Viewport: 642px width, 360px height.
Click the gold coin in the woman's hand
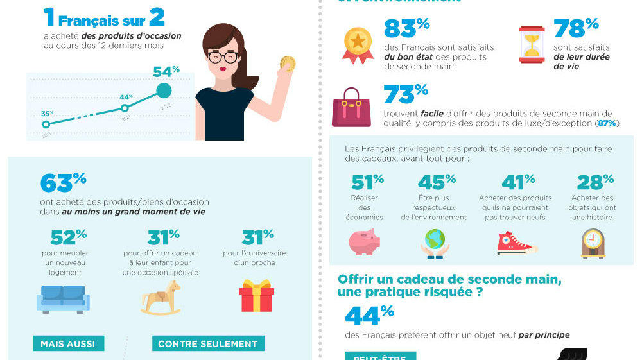(x=287, y=64)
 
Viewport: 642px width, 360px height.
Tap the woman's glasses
(x=223, y=56)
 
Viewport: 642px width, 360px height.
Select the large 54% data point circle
(x=164, y=90)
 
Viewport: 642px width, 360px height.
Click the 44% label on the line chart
(x=126, y=97)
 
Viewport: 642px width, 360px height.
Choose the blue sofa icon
(x=62, y=298)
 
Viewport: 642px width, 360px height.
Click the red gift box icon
(x=256, y=297)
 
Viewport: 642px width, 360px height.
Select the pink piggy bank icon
(x=365, y=242)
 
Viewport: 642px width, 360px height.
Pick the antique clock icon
(x=593, y=243)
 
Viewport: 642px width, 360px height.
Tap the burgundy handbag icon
(x=351, y=107)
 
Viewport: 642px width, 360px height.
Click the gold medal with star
(x=358, y=43)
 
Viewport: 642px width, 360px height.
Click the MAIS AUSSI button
(x=68, y=343)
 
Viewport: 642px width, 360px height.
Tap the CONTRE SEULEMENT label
(x=207, y=343)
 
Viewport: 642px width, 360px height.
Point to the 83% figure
(x=406, y=29)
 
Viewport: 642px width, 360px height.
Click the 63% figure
(x=63, y=182)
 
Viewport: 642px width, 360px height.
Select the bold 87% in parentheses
(x=607, y=123)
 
